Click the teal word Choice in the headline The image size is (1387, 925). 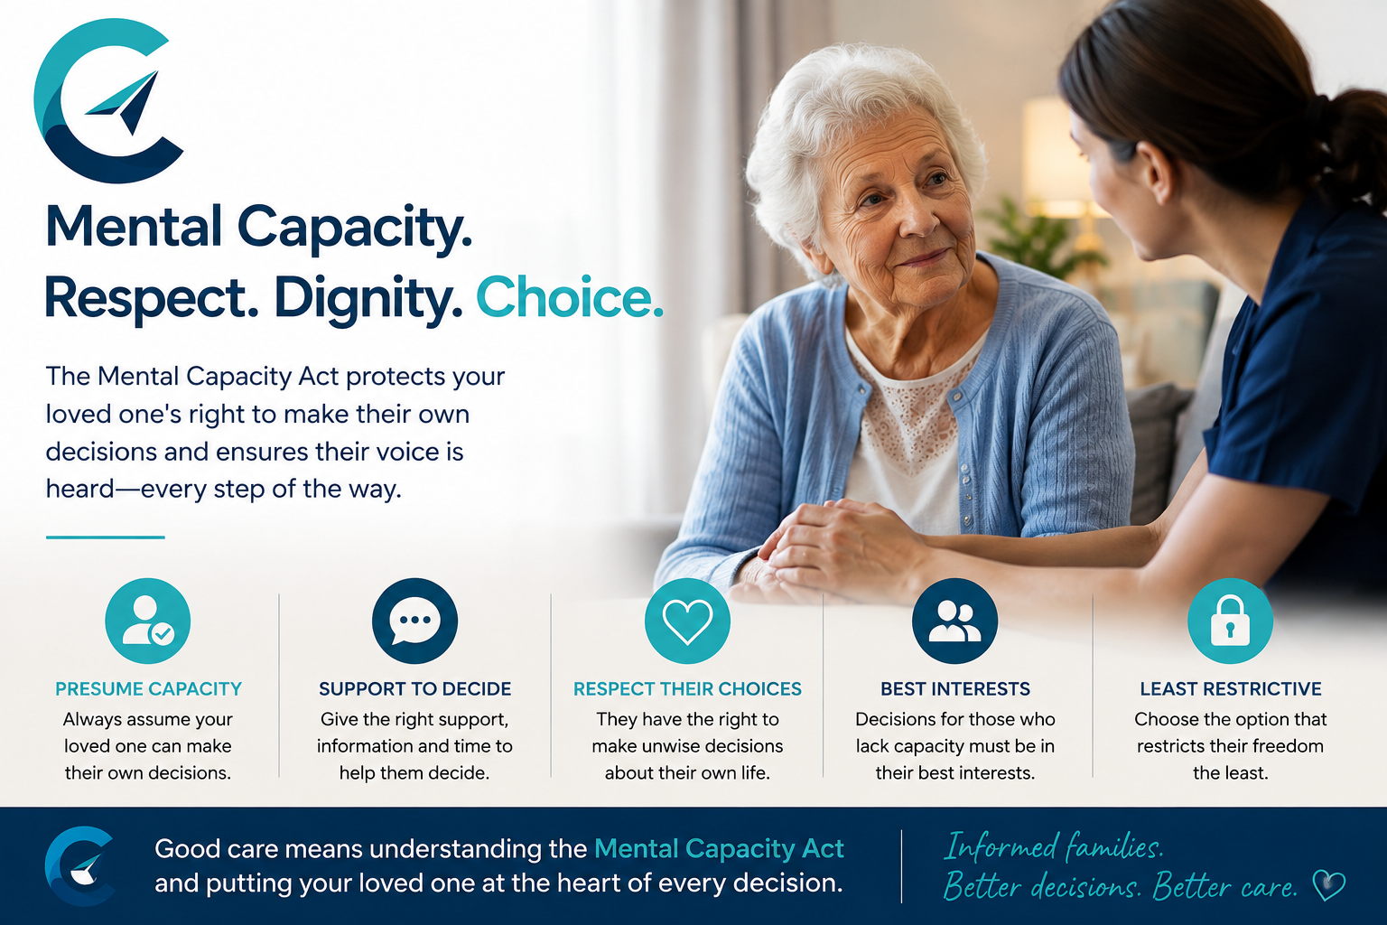point(569,298)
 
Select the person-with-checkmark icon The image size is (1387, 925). point(148,621)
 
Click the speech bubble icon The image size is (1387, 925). point(414,621)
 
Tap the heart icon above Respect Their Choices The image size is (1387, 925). point(687,621)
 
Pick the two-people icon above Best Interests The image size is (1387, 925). point(954,621)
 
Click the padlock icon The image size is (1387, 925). point(1231,621)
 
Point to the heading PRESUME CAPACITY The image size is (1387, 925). point(149,689)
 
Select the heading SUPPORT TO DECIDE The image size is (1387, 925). point(414,689)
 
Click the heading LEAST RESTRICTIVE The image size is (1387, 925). point(1231,689)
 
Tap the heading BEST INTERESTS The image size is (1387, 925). point(955,689)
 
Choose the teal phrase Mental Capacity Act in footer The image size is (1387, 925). point(719,849)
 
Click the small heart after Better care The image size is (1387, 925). point(1329,886)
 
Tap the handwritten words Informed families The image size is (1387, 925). point(1053,847)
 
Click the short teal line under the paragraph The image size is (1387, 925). point(106,537)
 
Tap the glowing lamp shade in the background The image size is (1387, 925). point(1053,154)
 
